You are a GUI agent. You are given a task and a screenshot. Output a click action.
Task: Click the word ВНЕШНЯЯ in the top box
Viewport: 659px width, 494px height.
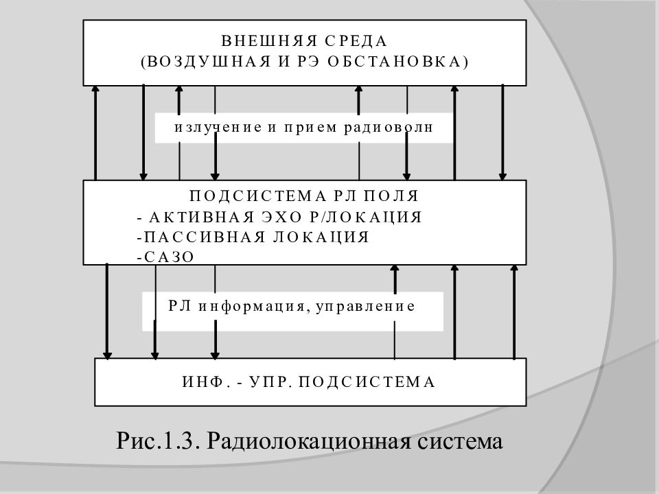(269, 41)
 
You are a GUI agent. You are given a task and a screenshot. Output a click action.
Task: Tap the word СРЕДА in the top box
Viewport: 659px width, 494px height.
(356, 41)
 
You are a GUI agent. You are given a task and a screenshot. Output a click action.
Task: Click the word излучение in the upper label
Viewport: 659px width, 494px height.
(218, 127)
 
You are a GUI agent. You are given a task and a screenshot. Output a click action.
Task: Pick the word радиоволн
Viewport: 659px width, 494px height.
(389, 127)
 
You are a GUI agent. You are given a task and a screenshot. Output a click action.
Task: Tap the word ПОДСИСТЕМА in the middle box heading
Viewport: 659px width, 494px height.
(257, 196)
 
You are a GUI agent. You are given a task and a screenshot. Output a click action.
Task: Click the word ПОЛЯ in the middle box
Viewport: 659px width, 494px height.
(391, 196)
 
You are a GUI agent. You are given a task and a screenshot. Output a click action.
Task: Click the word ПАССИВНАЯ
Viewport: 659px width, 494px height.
(205, 237)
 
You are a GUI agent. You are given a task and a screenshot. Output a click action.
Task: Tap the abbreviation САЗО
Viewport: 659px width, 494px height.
(169, 257)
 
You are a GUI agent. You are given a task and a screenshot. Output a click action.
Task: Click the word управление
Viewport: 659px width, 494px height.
(365, 306)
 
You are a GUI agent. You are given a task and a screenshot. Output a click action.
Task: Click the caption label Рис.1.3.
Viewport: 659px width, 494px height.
(157, 440)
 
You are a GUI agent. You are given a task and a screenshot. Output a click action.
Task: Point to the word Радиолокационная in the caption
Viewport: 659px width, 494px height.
(308, 441)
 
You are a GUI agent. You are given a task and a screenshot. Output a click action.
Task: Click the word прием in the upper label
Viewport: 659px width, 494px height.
(310, 128)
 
